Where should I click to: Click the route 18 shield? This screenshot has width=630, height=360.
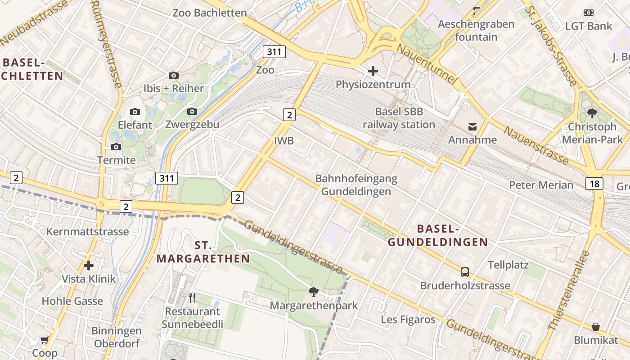(594, 183)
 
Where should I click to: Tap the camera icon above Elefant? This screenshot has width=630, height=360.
(135, 112)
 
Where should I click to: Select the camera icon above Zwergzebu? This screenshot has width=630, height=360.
(192, 111)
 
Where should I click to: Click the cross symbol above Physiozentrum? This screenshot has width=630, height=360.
(373, 71)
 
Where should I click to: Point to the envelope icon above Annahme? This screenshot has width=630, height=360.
(472, 127)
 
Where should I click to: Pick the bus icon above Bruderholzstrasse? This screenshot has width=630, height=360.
(465, 272)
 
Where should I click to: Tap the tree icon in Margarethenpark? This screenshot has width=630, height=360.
(314, 292)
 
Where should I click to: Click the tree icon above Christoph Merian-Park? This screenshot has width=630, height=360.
(592, 113)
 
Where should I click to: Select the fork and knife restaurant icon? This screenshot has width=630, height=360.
(192, 297)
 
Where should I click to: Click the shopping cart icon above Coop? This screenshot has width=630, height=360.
(44, 340)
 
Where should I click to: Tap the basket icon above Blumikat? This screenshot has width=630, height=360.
(596, 327)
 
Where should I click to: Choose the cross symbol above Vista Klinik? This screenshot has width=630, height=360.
(89, 265)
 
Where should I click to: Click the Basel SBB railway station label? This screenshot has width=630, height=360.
(399, 118)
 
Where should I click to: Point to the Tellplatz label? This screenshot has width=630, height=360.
(508, 265)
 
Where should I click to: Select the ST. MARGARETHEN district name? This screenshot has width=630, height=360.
(203, 252)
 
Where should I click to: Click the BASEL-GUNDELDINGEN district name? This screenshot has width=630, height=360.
(438, 235)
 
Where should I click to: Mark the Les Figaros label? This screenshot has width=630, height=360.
(408, 319)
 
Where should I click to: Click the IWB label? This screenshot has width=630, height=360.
(284, 141)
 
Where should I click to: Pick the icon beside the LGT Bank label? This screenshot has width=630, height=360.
(588, 13)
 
